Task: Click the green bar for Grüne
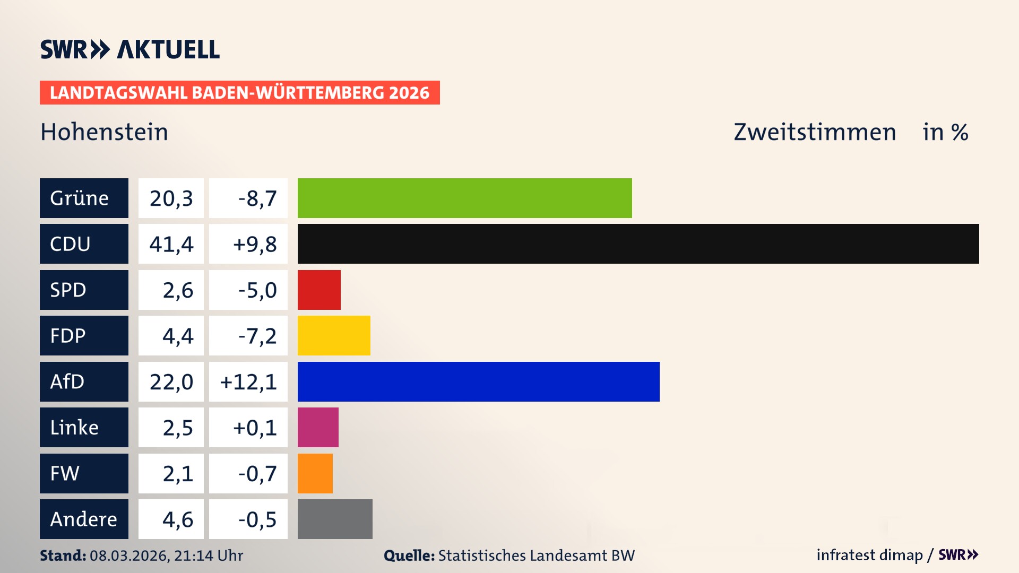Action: pos(464,198)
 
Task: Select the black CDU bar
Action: pos(638,244)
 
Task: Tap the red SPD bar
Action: pos(319,290)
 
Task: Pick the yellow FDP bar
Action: pos(334,335)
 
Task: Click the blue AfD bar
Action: pos(478,381)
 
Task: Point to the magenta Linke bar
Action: pos(318,427)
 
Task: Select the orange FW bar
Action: pos(315,473)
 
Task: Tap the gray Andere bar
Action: pos(335,519)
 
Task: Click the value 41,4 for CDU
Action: pos(171,244)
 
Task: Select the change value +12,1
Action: pos(248,382)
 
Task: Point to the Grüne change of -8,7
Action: pos(257,198)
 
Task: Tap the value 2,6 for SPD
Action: pos(177,290)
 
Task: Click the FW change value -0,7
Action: pos(257,474)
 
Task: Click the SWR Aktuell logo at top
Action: pos(129,49)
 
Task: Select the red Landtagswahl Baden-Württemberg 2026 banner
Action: pos(239,92)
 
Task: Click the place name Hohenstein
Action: pos(104,132)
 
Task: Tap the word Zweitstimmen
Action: pos(815,132)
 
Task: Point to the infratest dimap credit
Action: pos(869,555)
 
